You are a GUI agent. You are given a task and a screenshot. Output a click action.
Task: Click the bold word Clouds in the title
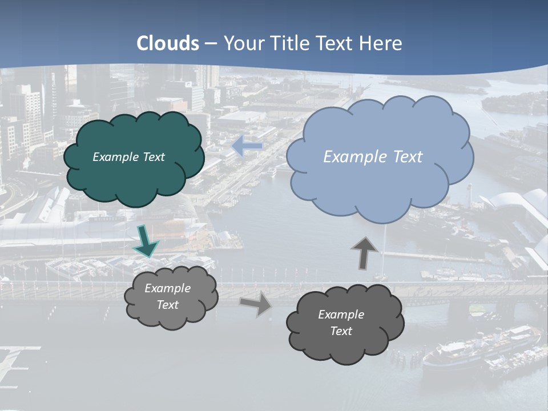[168, 43]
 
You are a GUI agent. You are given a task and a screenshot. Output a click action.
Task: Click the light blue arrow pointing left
[247, 146]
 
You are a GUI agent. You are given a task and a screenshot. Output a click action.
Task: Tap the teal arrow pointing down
[146, 240]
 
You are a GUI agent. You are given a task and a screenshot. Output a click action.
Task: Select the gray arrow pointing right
[255, 304]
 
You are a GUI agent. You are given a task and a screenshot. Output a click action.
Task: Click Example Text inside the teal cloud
[128, 157]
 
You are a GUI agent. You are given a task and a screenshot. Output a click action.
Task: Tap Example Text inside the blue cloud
[373, 157]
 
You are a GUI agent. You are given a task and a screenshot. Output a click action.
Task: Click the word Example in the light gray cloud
[167, 288]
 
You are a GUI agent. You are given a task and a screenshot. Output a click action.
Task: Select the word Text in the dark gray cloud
[341, 331]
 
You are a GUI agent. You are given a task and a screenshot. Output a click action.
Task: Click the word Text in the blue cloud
[403, 157]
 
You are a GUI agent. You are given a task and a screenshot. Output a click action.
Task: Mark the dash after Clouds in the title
[211, 44]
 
